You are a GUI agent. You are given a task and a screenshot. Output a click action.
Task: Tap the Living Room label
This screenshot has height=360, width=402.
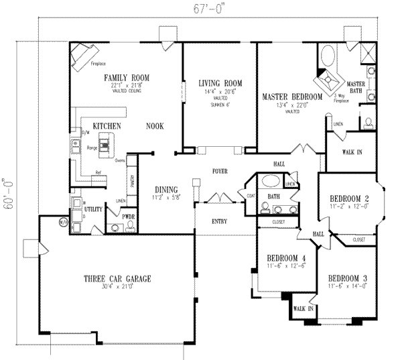pyautogui.click(x=219, y=83)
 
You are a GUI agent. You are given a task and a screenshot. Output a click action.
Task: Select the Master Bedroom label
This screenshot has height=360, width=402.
pyautogui.click(x=292, y=97)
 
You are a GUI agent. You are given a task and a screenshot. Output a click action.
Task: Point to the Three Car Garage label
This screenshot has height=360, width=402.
pyautogui.click(x=116, y=279)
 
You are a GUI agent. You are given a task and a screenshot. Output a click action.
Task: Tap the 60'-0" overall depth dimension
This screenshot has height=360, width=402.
pyautogui.click(x=7, y=194)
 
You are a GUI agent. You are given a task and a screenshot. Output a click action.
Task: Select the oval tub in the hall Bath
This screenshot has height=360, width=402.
pyautogui.click(x=271, y=181)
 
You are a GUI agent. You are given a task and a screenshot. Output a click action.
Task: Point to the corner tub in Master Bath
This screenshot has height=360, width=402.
pyautogui.click(x=328, y=55)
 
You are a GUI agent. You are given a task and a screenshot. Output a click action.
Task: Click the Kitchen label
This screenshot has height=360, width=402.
pyautogui.click(x=107, y=126)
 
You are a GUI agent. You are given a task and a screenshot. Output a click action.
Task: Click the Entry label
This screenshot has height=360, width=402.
pyautogui.click(x=218, y=221)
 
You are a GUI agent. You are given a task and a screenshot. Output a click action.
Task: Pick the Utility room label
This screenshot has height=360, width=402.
pyautogui.click(x=93, y=210)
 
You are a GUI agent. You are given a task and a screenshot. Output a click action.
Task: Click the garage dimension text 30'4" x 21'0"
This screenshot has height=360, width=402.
pyautogui.click(x=116, y=287)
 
